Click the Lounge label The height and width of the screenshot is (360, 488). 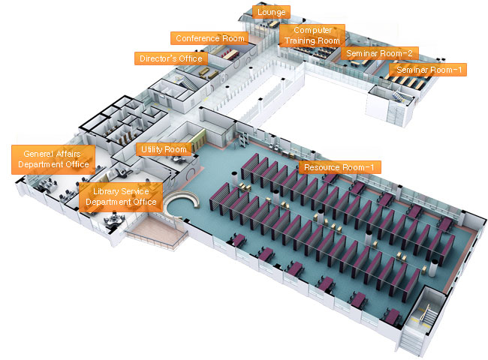tap(270, 13)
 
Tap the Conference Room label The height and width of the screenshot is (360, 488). tap(209, 37)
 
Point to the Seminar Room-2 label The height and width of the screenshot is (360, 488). tap(378, 53)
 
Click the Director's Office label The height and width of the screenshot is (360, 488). tap(170, 58)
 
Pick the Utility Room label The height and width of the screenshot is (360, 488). tap(164, 149)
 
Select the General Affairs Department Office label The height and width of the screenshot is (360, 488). tap(53, 159)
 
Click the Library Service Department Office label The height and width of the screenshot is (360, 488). tap(121, 196)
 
